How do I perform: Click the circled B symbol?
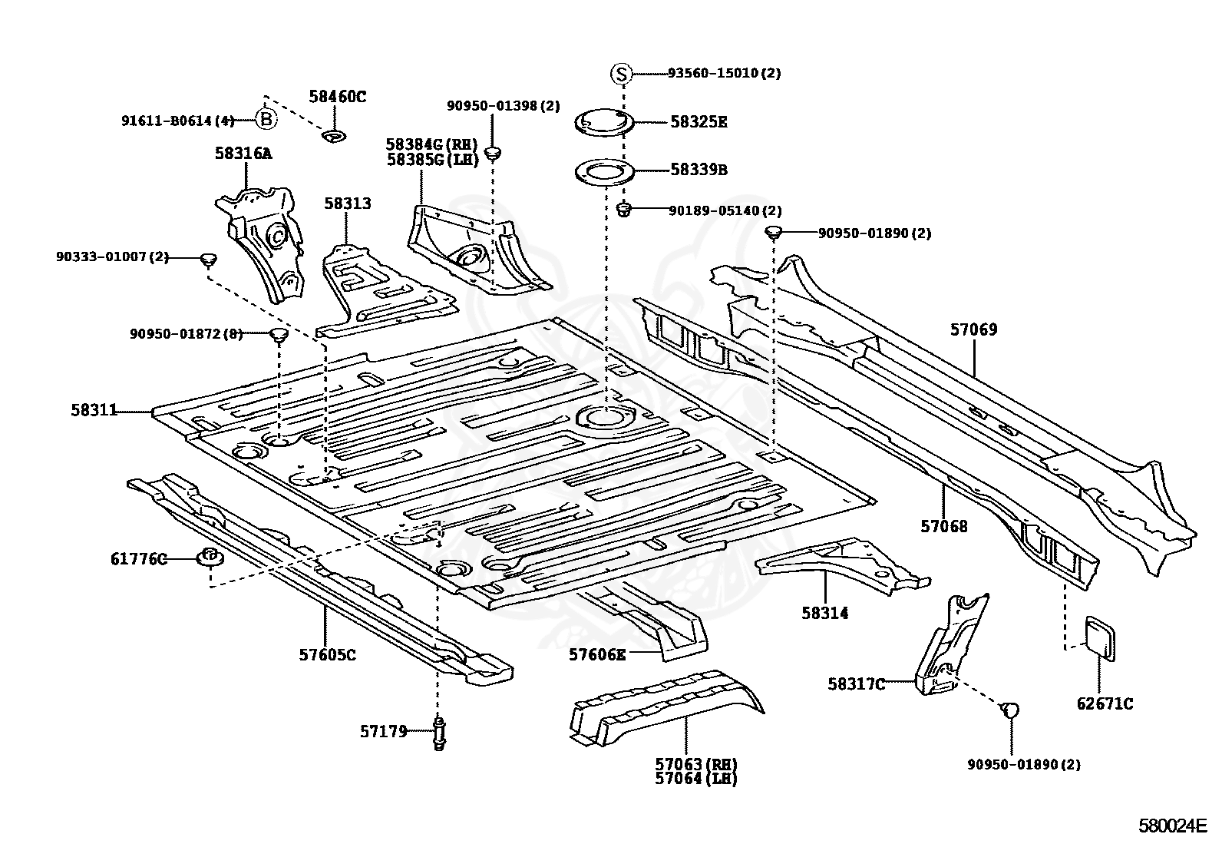click(x=266, y=119)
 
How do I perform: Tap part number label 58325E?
click(x=699, y=122)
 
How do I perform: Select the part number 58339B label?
click(x=699, y=170)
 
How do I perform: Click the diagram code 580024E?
click(x=1173, y=826)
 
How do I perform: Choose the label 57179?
click(x=384, y=731)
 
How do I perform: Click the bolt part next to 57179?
click(x=439, y=733)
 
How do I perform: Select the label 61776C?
click(x=139, y=559)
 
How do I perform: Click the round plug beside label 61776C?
click(x=210, y=558)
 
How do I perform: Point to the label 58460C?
click(x=338, y=97)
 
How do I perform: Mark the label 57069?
click(x=974, y=329)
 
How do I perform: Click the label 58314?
click(x=825, y=613)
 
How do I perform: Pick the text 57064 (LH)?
click(x=696, y=779)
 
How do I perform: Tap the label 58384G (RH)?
click(x=431, y=144)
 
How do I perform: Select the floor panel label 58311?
click(x=94, y=410)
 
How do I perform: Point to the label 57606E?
click(x=597, y=654)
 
